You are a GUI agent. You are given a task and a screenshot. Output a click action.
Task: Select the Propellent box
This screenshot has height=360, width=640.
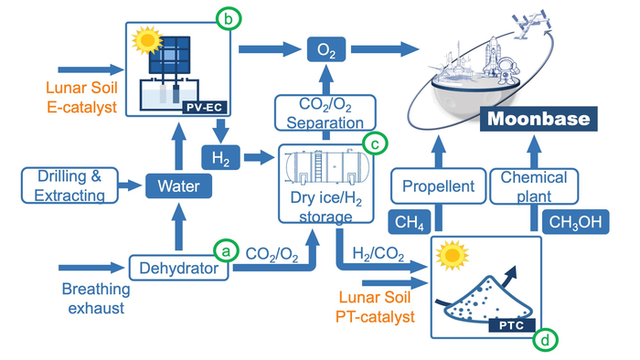click(437, 187)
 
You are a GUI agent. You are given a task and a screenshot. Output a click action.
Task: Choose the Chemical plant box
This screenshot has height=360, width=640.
click(540, 186)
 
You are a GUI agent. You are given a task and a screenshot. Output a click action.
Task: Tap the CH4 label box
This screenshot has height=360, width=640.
click(408, 222)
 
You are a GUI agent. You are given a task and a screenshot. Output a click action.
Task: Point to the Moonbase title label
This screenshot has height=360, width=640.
click(539, 120)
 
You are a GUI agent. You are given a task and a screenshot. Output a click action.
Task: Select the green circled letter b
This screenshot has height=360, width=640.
click(224, 16)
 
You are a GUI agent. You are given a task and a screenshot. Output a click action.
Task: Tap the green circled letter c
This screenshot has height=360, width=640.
click(374, 143)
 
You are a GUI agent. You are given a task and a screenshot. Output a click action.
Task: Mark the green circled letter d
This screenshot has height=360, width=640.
click(545, 339)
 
